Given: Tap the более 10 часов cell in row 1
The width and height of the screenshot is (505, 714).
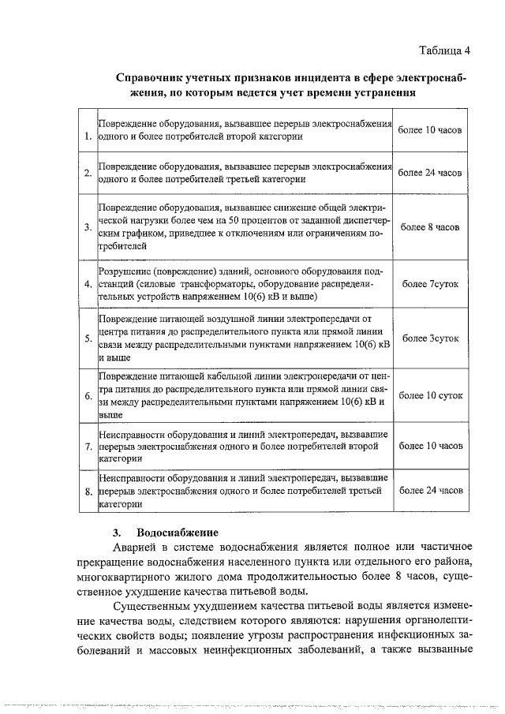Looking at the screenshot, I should pyautogui.click(x=431, y=129).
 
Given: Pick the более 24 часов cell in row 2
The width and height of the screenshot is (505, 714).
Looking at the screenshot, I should pyautogui.click(x=431, y=172).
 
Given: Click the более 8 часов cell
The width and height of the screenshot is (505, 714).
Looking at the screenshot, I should pyautogui.click(x=431, y=227).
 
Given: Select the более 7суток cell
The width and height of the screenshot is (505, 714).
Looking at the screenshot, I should pyautogui.click(x=431, y=282).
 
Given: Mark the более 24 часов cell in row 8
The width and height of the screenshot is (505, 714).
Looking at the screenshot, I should pyautogui.click(x=431, y=490).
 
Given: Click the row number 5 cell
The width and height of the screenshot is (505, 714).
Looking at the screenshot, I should pyautogui.click(x=87, y=338).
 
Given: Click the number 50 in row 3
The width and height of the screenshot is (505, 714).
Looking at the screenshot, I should pyautogui.click(x=226, y=220).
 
